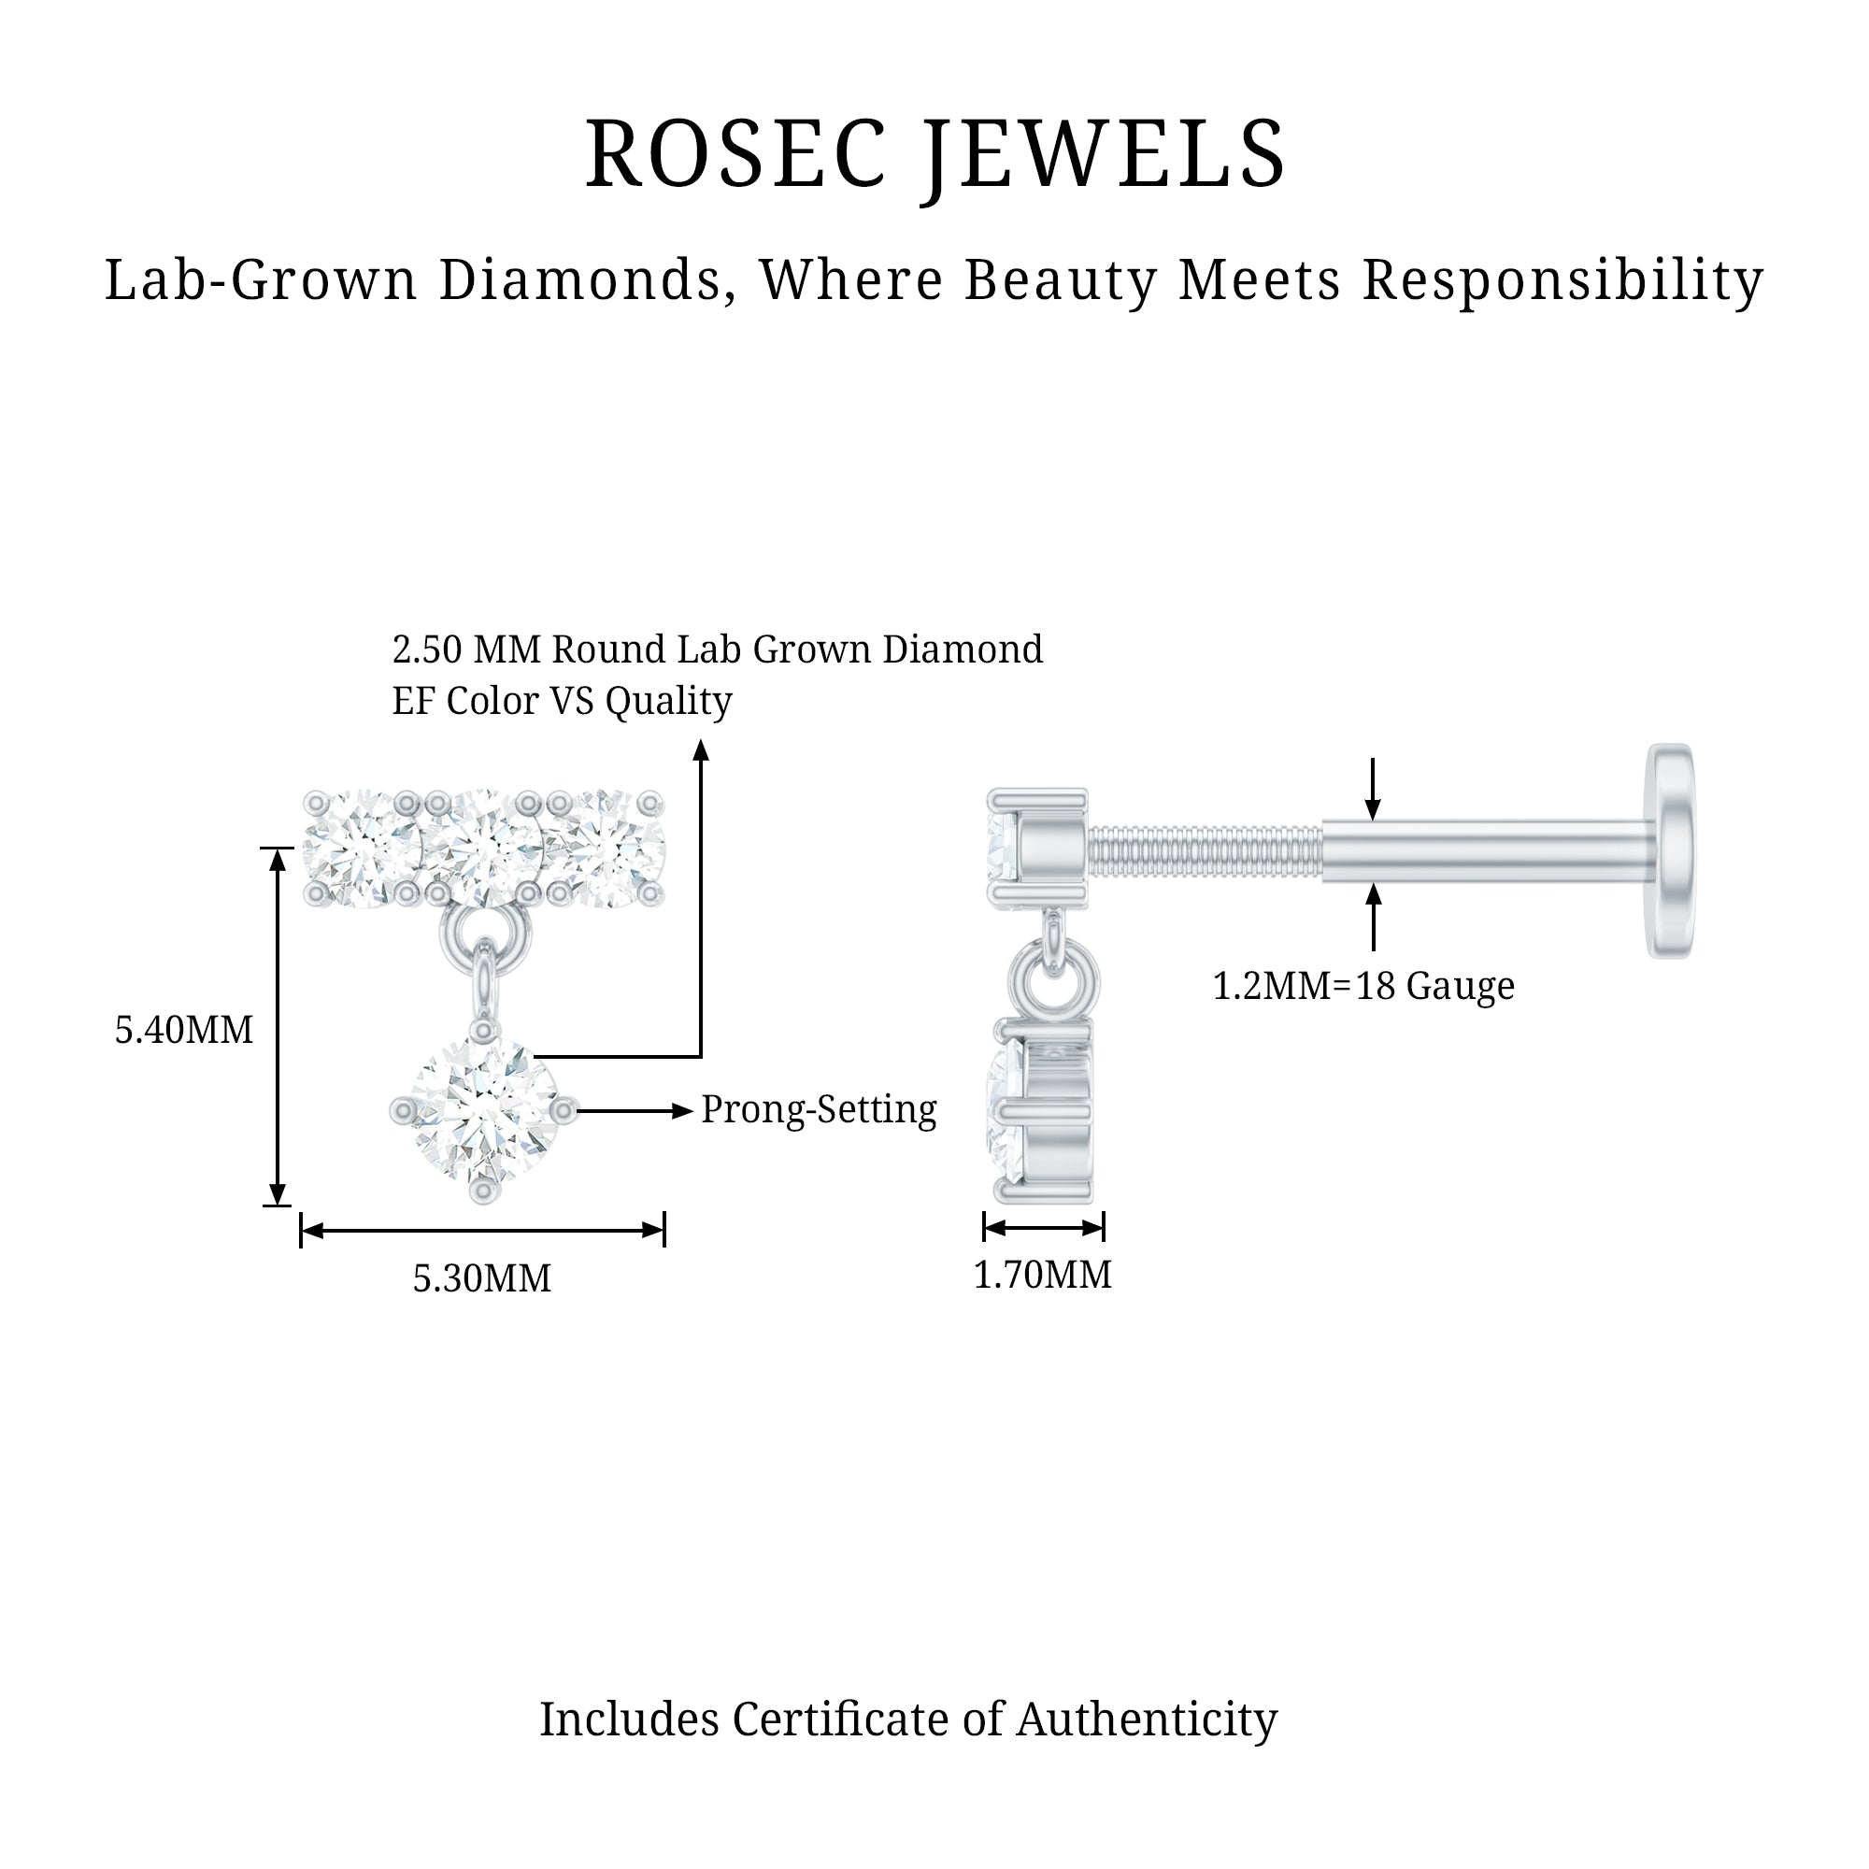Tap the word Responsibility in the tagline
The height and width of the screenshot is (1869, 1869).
coord(1563,280)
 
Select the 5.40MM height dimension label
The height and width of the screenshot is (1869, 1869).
coord(184,1030)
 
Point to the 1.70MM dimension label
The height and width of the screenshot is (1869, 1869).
coord(1042,1275)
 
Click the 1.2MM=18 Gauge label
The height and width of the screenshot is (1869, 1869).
coord(1363,987)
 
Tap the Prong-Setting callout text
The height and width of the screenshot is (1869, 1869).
coord(819,1109)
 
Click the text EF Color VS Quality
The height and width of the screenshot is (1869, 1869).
coord(562,700)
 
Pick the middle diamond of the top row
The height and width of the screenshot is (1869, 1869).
coord(483,849)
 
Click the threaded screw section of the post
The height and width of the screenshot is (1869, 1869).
coord(1205,851)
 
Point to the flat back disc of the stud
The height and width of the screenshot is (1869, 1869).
coord(1671,851)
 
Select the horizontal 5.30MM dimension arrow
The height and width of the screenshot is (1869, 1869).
coord(482,1231)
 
